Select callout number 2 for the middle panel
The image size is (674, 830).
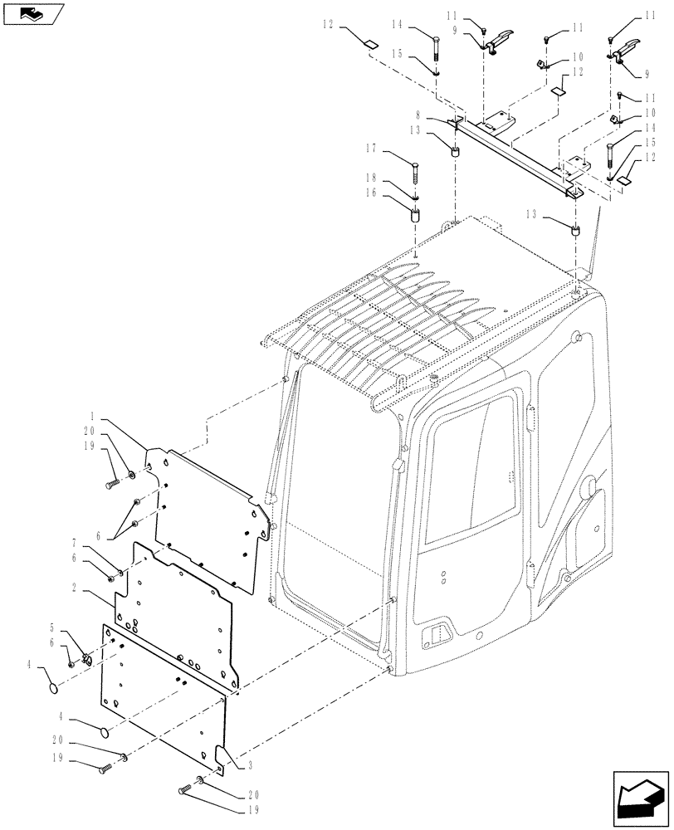click(x=76, y=587)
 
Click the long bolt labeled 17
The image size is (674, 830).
click(x=416, y=174)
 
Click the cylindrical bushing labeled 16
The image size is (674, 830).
click(x=414, y=217)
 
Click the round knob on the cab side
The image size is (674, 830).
click(x=592, y=489)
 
